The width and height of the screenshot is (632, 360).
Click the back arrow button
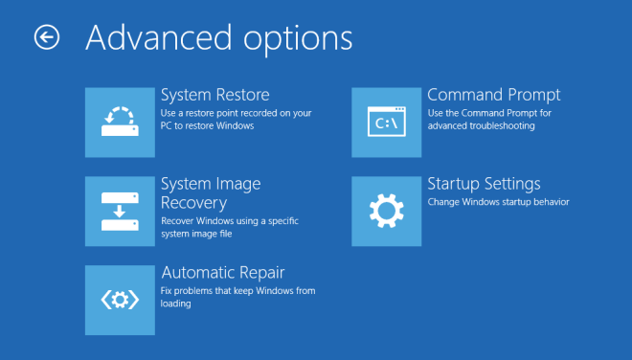[x=46, y=36]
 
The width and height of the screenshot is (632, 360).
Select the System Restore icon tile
[x=120, y=122]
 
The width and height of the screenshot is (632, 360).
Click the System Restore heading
[x=214, y=95]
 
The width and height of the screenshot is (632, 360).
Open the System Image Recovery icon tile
[x=120, y=211]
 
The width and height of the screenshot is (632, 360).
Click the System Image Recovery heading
[x=210, y=192]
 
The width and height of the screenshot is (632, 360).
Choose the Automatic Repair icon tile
[x=120, y=300]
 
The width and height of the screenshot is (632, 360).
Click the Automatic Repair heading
[x=222, y=272]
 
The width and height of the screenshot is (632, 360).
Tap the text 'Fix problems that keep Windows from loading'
[x=237, y=297]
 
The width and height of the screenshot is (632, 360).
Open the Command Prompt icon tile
[x=386, y=122]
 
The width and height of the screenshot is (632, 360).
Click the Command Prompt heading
[x=493, y=95]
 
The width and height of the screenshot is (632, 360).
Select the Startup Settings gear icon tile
[x=386, y=211]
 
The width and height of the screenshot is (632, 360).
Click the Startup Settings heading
[x=484, y=183]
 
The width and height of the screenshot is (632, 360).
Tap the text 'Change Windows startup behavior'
[x=498, y=202]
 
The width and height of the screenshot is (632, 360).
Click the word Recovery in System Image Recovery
[x=193, y=202]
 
